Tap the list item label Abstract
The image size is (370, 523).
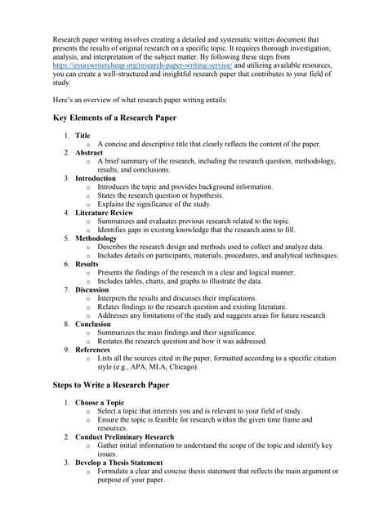(89, 153)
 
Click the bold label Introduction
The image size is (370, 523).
(96, 178)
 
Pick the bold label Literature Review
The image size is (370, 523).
(105, 212)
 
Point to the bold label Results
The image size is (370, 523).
(87, 264)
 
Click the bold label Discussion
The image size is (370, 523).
(92, 289)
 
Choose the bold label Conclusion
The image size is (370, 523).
(93, 324)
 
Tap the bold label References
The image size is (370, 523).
(93, 350)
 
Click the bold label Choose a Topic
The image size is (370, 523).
(100, 403)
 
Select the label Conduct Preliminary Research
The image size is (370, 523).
(124, 437)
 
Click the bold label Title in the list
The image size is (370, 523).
(83, 136)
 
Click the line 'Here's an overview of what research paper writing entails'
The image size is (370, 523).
(140, 99)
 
